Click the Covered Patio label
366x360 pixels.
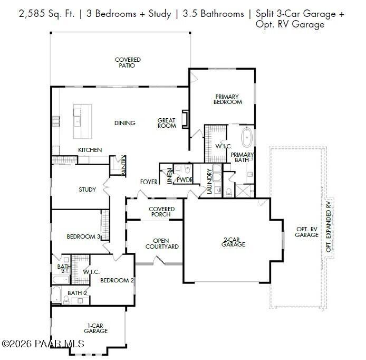128,63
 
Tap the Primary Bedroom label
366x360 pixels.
228,99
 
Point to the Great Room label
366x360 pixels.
167,123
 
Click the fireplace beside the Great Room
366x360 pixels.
185,119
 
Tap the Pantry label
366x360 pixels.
123,165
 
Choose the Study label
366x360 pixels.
87,190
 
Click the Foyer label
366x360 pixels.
148,182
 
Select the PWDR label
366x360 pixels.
185,180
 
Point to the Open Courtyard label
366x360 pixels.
162,243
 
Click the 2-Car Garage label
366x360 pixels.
233,242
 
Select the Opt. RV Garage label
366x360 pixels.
307,232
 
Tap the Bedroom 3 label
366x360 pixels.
83,236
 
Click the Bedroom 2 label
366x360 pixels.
115,280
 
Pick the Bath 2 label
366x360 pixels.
77,292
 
